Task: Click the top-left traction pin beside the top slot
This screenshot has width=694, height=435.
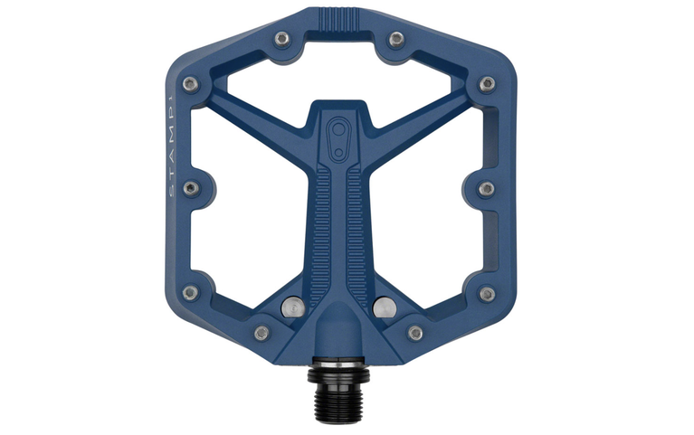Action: click(x=282, y=38)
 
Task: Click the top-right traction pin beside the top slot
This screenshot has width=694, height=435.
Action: click(x=395, y=38)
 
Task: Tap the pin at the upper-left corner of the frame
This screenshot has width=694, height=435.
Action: click(x=189, y=83)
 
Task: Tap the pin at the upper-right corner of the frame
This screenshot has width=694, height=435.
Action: click(x=488, y=83)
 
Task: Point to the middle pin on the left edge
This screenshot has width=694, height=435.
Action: click(x=191, y=188)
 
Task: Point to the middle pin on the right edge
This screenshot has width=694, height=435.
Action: click(x=487, y=188)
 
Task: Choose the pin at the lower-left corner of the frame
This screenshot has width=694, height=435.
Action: click(x=190, y=293)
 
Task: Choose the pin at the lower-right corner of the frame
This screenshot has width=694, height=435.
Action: click(x=488, y=293)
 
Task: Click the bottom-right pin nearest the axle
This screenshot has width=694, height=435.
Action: click(x=415, y=333)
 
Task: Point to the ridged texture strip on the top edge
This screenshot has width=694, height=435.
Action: click(x=339, y=16)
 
